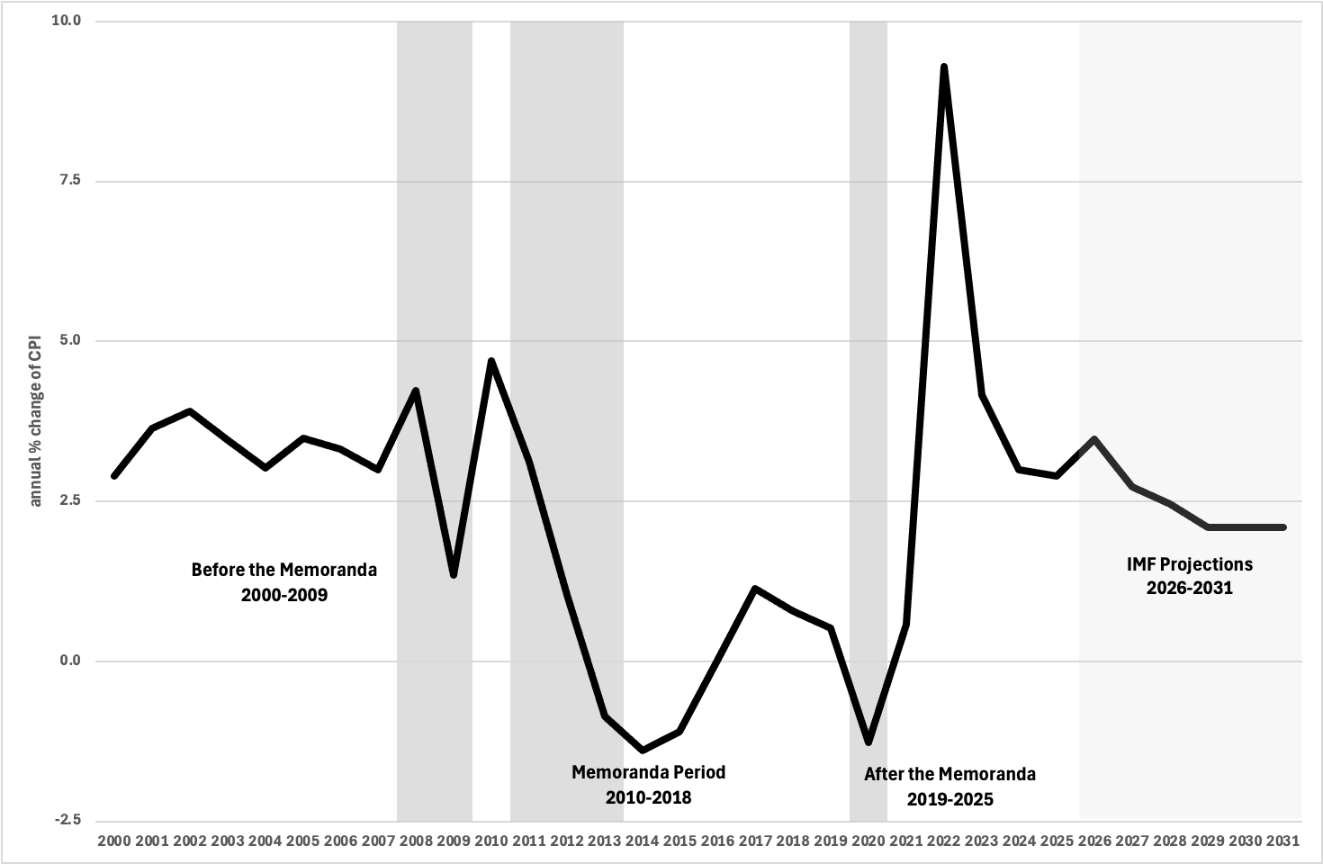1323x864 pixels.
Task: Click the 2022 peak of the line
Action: pos(944,67)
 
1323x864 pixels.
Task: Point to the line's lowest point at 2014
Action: pos(643,750)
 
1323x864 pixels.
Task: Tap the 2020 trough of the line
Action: pos(868,742)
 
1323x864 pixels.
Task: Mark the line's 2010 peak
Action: pos(491,361)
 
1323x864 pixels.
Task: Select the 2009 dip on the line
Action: pos(454,574)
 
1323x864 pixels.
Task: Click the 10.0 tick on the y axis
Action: pos(67,21)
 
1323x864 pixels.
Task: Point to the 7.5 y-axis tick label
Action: pos(69,180)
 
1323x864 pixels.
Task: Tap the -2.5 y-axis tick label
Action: pos(67,820)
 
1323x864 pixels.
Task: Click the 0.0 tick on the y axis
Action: pos(69,661)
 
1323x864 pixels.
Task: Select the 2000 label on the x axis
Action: pos(114,841)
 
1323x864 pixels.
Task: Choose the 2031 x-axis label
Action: pos(1283,841)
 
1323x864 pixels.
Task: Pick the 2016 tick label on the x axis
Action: pos(717,841)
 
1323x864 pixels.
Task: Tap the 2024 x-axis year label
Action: pos(1020,841)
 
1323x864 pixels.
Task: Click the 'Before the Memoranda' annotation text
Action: pos(284,570)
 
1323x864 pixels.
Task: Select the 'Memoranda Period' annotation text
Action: pos(649,772)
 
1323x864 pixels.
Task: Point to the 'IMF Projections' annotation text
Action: pos(1190,564)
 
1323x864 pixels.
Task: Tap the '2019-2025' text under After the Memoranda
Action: pos(950,799)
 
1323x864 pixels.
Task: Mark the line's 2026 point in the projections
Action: pos(1094,439)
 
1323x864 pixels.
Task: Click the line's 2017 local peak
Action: pos(755,589)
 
